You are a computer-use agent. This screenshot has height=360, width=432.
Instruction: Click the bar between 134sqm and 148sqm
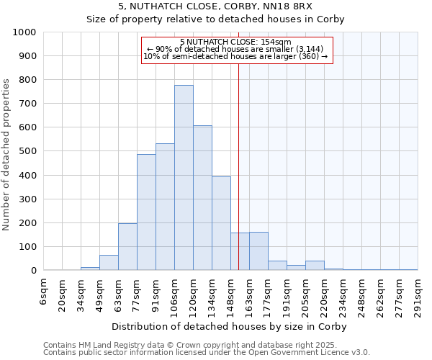(x=221, y=223)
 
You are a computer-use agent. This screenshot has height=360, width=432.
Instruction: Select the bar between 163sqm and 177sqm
(x=258, y=251)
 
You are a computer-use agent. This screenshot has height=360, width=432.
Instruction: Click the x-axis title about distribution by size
(x=230, y=326)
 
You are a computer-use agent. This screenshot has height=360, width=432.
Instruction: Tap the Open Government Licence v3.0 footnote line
(x=206, y=353)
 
